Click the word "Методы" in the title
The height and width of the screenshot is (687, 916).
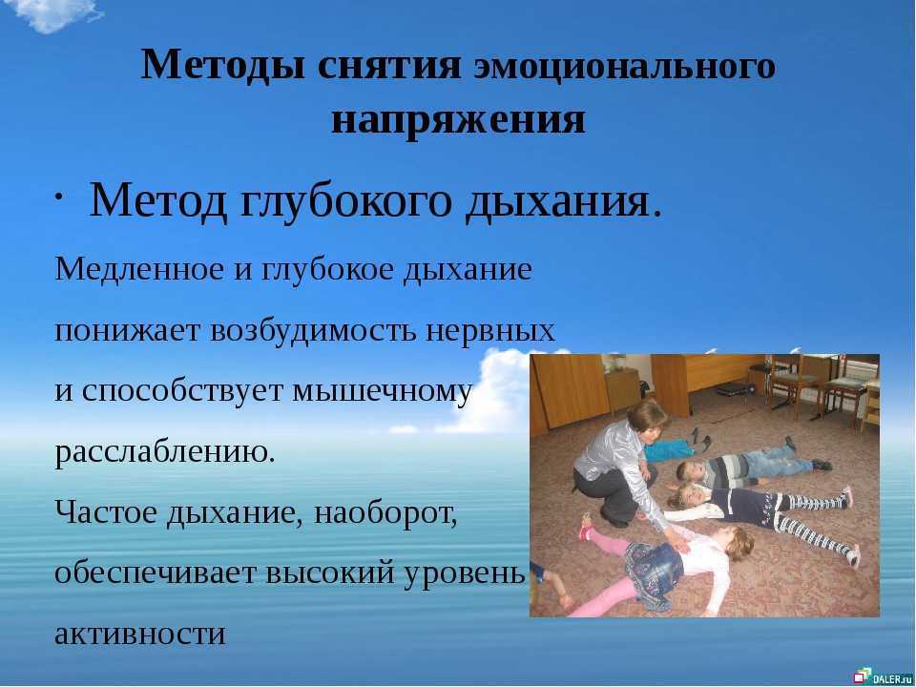(x=222, y=65)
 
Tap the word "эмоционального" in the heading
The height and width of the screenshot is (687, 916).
(x=624, y=66)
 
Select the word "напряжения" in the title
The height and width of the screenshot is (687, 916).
(x=459, y=121)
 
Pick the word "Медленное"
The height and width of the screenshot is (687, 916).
(x=139, y=269)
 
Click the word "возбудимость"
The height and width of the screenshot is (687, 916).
(x=313, y=330)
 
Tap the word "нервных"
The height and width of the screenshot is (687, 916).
(x=489, y=331)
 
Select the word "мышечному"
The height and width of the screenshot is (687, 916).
(x=382, y=392)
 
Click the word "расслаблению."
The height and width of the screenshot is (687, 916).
(x=165, y=452)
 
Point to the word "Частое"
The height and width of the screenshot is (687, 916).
(x=107, y=512)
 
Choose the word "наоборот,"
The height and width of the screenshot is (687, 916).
(x=385, y=513)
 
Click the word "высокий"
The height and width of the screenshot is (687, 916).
(x=331, y=573)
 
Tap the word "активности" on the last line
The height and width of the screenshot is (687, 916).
(x=140, y=634)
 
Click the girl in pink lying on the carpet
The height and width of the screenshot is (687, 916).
(x=660, y=564)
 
